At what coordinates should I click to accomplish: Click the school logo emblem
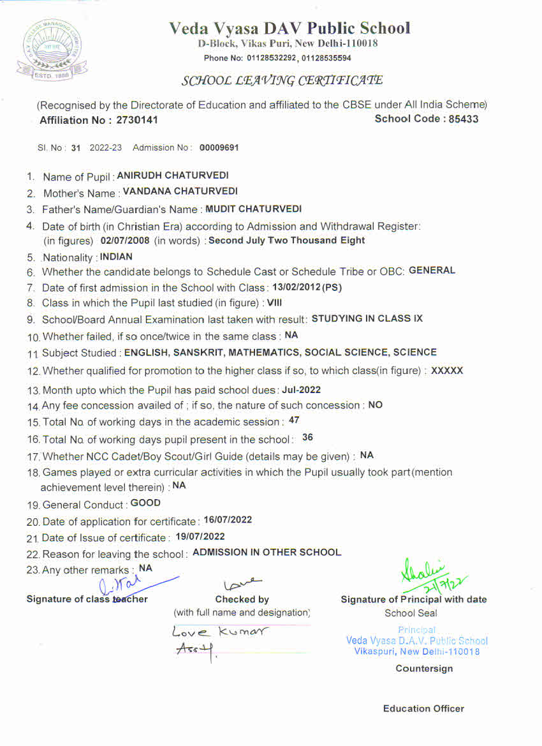49,48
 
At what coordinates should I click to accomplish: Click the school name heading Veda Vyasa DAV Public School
289,28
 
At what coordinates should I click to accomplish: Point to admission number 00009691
219,147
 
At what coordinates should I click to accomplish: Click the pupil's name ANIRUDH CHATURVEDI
173,175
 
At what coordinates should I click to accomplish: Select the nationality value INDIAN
116,257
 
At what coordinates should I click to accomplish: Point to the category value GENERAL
432,270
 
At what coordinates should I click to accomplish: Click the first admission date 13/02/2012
295,287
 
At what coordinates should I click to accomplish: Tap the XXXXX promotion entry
447,370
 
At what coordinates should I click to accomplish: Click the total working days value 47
294,420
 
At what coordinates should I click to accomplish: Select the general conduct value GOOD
145,503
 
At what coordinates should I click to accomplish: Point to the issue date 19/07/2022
200,536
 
